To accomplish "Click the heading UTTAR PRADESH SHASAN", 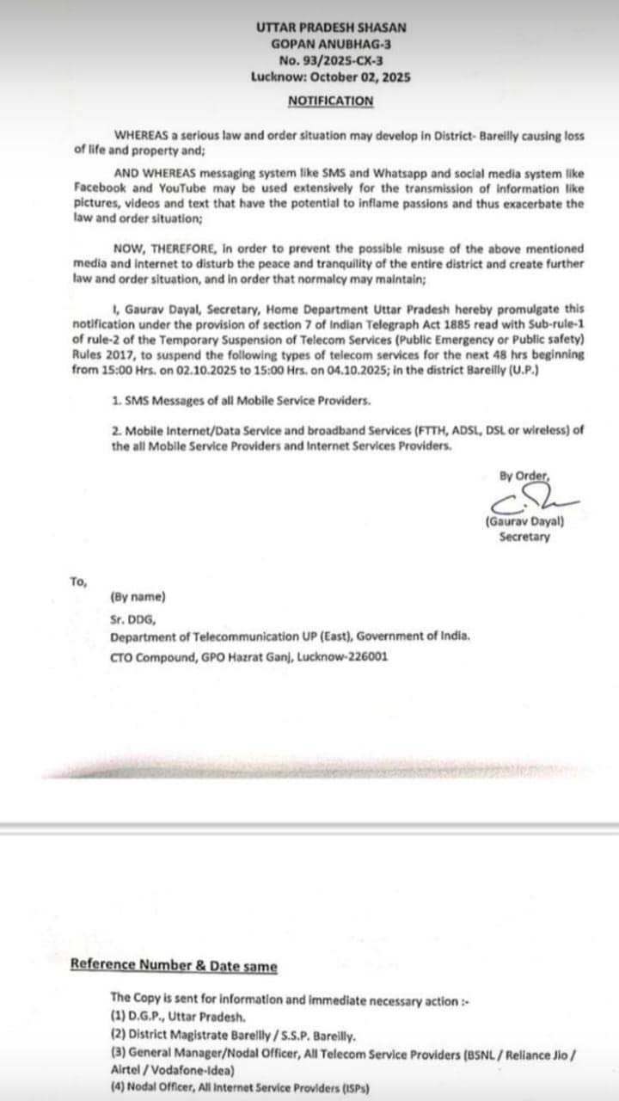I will [331, 28].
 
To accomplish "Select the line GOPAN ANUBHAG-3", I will [331, 44].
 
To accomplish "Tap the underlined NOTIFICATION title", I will [331, 101].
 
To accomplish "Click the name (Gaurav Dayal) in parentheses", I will [524, 521].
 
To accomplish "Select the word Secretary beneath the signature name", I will [524, 538].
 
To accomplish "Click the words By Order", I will [524, 476].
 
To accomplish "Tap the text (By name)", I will [138, 597].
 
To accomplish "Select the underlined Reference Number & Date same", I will [174, 966].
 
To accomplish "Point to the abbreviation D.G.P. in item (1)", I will [148, 1016].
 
